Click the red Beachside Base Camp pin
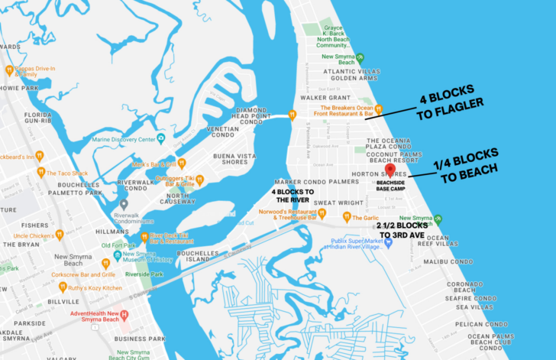(390, 170)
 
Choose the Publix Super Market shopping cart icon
(389, 242)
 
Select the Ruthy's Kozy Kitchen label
(96, 287)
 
